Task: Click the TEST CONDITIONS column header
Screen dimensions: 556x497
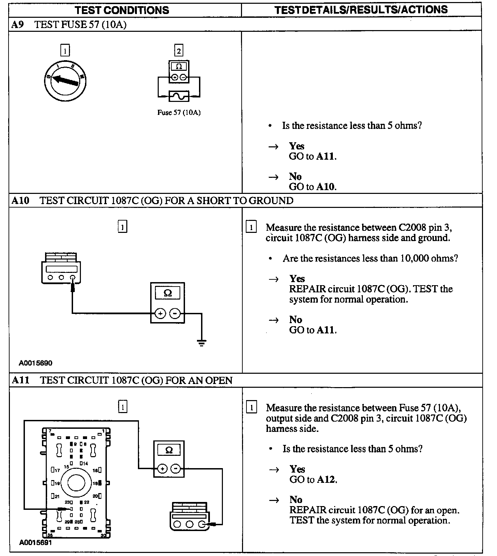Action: [x=122, y=10]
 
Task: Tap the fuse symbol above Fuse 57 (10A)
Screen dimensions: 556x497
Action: [x=179, y=96]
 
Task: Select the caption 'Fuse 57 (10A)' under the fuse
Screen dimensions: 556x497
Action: [x=179, y=112]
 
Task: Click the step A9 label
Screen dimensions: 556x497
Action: [x=18, y=25]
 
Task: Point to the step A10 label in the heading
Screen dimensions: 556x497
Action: [x=20, y=200]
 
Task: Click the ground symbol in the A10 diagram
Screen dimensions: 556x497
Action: [x=202, y=343]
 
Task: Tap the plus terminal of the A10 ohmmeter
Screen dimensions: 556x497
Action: [x=160, y=313]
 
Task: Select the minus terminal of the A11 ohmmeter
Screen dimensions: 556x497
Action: [x=175, y=469]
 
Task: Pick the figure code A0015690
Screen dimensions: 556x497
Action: [x=35, y=363]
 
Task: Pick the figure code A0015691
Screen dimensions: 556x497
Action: [x=35, y=542]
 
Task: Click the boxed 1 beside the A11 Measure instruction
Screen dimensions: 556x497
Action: [x=251, y=408]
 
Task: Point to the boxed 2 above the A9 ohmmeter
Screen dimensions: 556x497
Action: [x=179, y=51]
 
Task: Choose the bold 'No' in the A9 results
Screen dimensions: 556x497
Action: [x=295, y=176]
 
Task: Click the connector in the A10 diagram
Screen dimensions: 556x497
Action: [x=61, y=268]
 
